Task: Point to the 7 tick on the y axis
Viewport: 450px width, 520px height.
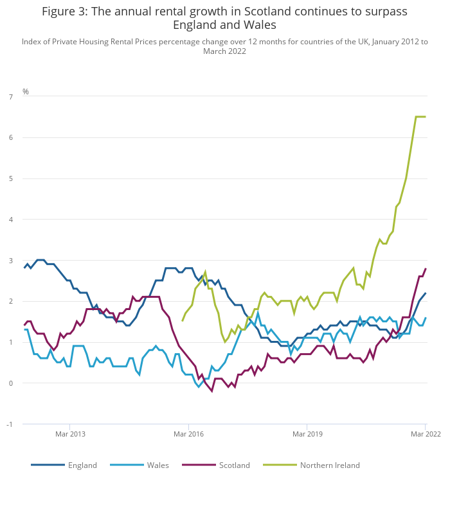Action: pyautogui.click(x=10, y=97)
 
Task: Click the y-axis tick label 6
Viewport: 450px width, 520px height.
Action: pyautogui.click(x=10, y=138)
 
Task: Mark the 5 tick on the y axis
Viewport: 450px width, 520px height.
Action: pyautogui.click(x=10, y=179)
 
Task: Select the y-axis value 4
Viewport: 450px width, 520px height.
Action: pyautogui.click(x=10, y=220)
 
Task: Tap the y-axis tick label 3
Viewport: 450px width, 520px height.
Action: pyautogui.click(x=10, y=261)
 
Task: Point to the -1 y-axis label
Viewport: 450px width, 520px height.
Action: pyautogui.click(x=9, y=425)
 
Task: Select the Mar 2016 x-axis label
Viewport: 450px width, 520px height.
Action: pyautogui.click(x=188, y=434)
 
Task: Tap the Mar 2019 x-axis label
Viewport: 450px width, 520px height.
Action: pyautogui.click(x=307, y=434)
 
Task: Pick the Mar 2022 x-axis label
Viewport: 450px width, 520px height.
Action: pyautogui.click(x=426, y=434)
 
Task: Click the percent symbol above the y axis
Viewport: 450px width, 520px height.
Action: pyautogui.click(x=26, y=92)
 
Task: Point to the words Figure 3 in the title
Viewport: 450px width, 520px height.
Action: pyautogui.click(x=67, y=12)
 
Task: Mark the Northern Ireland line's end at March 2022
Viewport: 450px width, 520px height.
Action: pyautogui.click(x=426, y=117)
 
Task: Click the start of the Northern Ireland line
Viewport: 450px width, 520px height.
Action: pyautogui.click(x=183, y=320)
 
